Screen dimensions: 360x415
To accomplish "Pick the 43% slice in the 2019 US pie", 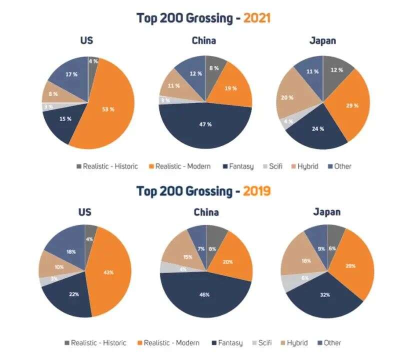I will coord(108,272).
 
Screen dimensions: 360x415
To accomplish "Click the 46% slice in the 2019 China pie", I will coord(204,294).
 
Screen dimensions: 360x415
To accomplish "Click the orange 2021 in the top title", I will coord(256,18).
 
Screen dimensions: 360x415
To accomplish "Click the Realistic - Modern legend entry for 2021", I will coord(179,166).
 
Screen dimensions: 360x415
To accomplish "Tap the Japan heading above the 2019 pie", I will coord(327,211).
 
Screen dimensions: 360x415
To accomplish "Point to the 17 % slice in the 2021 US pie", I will coord(71,74).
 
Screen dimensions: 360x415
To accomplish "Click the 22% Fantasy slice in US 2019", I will coord(73,294).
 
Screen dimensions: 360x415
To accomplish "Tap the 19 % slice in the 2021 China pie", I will coord(231,88).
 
